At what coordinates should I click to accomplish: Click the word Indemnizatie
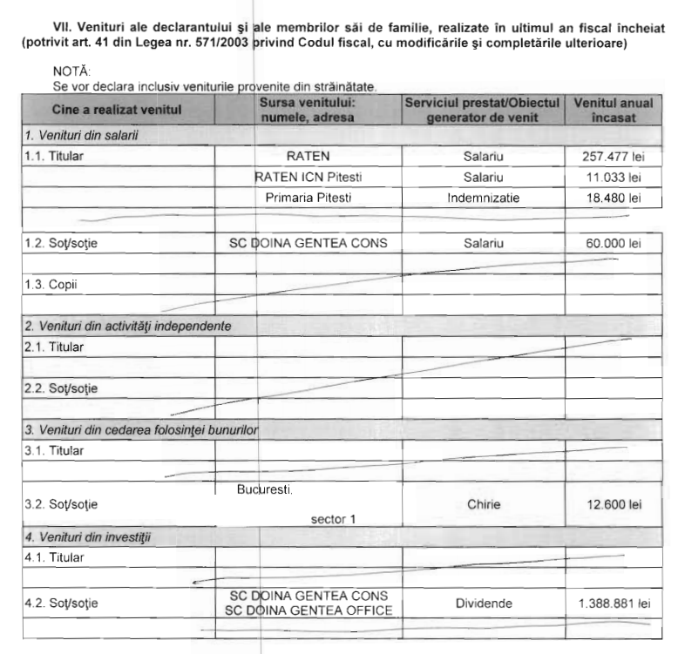pyautogui.click(x=483, y=199)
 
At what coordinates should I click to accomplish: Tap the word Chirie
pyautogui.click(x=483, y=502)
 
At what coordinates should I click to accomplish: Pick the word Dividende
pyautogui.click(x=483, y=602)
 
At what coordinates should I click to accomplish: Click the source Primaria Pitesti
pyautogui.click(x=309, y=199)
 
